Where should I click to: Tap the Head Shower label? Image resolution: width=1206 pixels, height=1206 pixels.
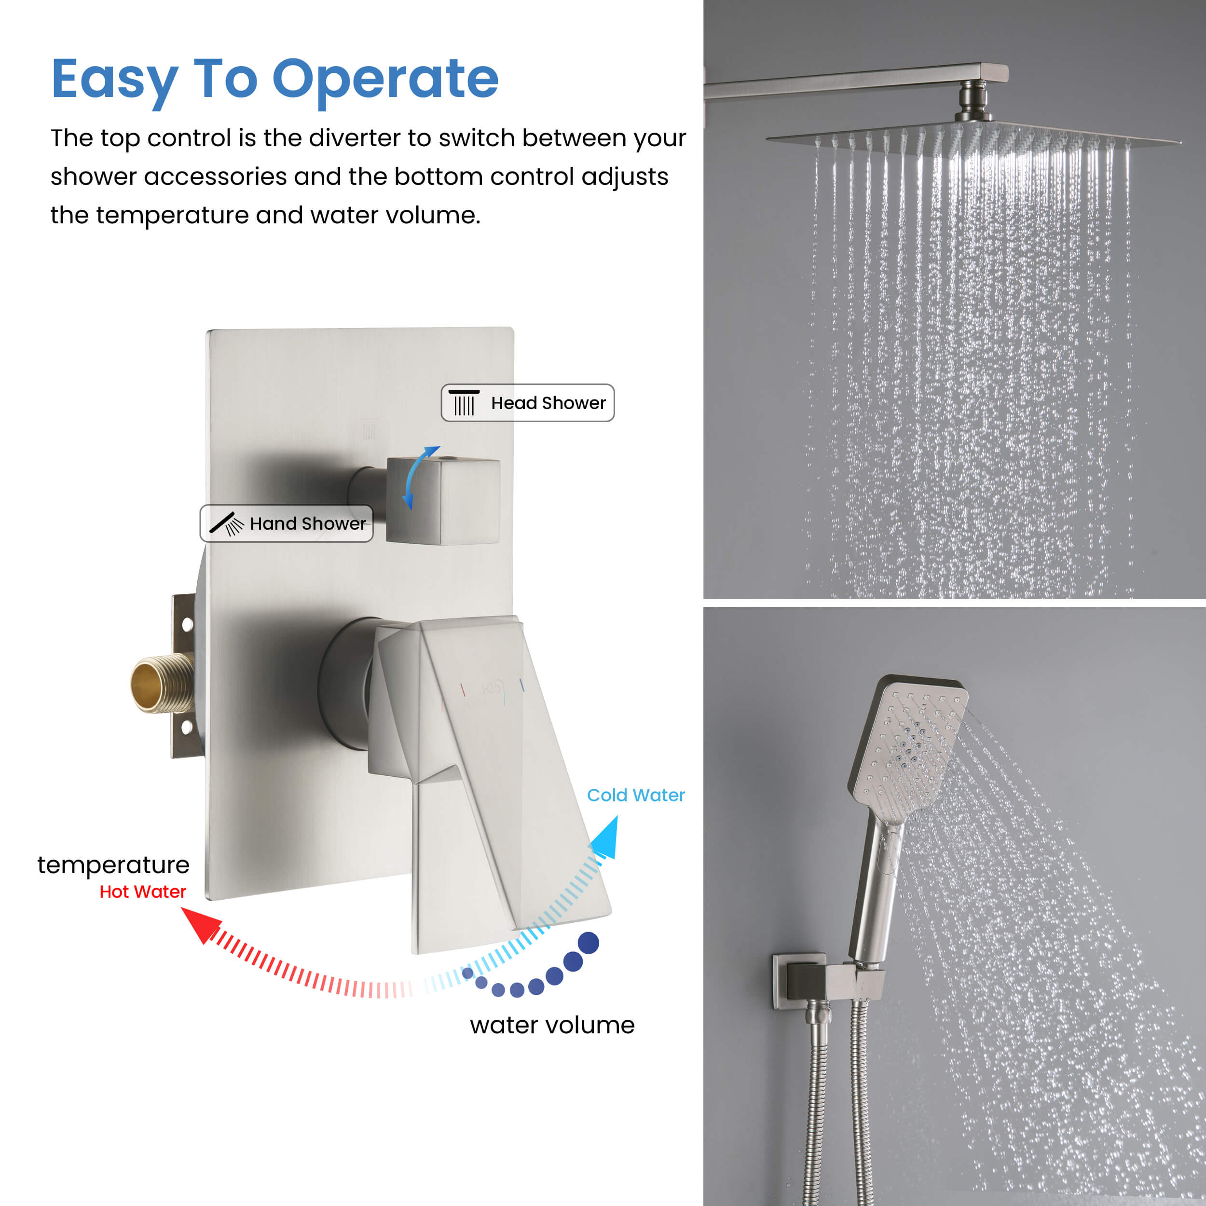click(x=527, y=403)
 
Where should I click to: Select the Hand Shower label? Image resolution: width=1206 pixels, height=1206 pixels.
click(x=287, y=523)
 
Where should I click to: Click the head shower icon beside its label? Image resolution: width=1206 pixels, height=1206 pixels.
click(x=464, y=403)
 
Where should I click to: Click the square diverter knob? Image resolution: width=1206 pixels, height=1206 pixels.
click(x=442, y=501)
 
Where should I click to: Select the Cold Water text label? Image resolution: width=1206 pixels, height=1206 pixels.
click(x=635, y=795)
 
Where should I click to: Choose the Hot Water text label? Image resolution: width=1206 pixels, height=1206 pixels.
click(x=143, y=891)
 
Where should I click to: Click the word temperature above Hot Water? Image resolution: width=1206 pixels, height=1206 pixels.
click(x=114, y=864)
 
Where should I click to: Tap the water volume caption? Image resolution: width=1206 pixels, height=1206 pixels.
click(x=552, y=1025)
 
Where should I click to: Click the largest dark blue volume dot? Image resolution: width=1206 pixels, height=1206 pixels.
click(x=588, y=943)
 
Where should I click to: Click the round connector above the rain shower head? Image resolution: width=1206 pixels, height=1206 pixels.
click(x=974, y=100)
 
